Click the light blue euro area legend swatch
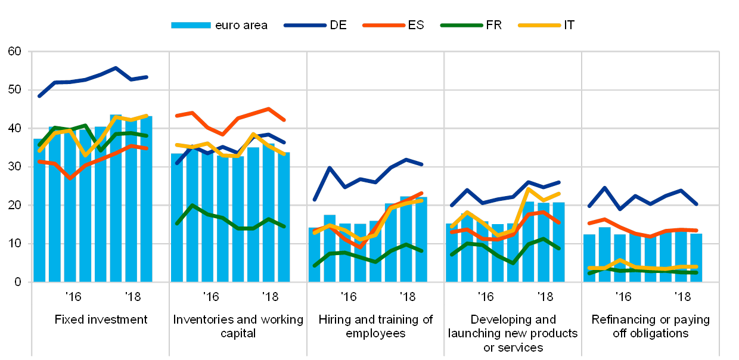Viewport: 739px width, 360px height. [191, 25]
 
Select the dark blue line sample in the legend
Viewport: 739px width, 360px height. [305, 25]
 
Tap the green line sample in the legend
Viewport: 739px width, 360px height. [461, 25]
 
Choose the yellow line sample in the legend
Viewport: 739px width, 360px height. [539, 25]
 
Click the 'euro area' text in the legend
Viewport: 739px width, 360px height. [241, 25]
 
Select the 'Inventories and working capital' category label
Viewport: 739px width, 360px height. [238, 327]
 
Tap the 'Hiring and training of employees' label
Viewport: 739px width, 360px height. [375, 327]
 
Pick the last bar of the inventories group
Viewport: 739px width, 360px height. [284, 217]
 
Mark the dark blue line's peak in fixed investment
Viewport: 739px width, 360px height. [116, 68]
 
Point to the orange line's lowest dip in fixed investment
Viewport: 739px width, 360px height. [70, 178]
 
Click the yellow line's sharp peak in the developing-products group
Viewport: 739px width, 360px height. [529, 189]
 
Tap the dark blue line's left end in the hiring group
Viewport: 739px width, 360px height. [314, 200]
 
